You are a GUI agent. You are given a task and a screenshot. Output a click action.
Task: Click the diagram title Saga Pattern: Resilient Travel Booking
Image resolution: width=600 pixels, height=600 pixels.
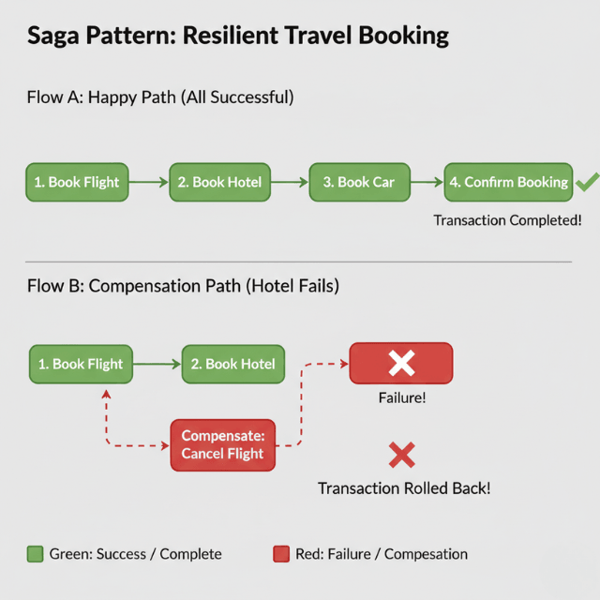coord(238,37)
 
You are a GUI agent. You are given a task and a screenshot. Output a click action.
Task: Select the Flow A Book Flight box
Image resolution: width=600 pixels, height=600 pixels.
coord(77,182)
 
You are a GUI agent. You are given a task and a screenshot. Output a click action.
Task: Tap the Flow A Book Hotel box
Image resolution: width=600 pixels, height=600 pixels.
coord(219,182)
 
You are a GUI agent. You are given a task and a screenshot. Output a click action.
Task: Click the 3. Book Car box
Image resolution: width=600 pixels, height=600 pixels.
coord(359,182)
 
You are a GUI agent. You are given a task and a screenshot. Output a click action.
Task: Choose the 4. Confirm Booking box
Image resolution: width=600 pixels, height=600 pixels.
coord(508,182)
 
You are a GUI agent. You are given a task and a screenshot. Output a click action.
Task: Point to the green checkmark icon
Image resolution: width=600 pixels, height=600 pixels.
coord(587,182)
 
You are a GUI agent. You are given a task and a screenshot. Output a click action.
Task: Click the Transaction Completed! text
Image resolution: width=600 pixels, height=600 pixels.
coord(507,220)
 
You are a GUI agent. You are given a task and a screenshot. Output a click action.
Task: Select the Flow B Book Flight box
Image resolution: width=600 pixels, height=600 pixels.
coord(82,364)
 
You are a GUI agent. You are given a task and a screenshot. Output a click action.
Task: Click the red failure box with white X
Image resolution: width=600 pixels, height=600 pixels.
coord(401,363)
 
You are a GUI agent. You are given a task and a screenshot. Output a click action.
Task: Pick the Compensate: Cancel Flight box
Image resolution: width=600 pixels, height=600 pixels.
coord(223,444)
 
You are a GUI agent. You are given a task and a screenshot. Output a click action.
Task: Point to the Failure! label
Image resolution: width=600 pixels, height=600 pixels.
coord(401,397)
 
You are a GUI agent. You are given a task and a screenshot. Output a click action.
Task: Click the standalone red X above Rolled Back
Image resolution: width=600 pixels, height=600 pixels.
coord(401,457)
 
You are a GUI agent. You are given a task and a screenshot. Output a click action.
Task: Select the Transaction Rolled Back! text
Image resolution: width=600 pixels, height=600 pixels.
coord(404,488)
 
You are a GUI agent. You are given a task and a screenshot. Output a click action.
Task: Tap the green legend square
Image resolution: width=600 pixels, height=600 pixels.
coord(36,554)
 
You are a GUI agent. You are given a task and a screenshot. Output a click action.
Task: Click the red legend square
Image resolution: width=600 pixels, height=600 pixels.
coord(281,554)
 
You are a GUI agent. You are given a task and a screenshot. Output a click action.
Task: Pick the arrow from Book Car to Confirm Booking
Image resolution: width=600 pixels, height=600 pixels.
coord(427,182)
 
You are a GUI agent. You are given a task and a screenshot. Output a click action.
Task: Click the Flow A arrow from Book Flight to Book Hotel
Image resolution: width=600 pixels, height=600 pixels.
coord(148,182)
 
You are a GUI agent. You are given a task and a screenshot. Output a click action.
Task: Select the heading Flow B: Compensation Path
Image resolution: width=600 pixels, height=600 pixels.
coord(183,286)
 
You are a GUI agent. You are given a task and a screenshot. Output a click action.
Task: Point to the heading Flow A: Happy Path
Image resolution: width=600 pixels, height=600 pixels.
coord(160,97)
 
